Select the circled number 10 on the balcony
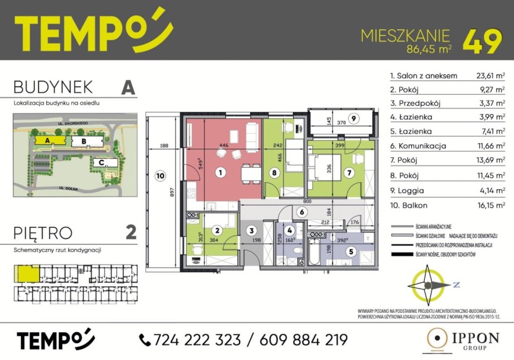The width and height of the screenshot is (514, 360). (x=160, y=176)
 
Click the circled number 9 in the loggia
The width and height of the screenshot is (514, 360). (x=352, y=118)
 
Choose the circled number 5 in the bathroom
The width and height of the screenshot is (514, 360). (x=352, y=252)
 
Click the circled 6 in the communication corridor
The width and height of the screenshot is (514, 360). (x=302, y=212)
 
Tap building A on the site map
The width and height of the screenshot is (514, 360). (x=46, y=140)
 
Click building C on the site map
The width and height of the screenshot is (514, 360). (x=101, y=162)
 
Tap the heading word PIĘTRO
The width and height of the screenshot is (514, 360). (x=43, y=233)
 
